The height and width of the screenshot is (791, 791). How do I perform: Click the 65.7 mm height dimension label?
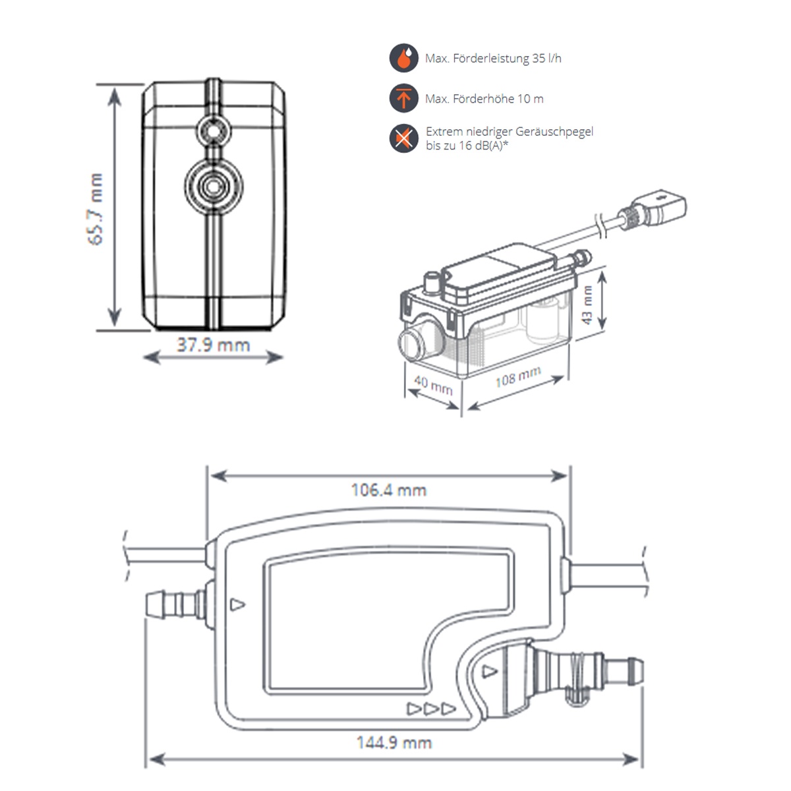pos(96,209)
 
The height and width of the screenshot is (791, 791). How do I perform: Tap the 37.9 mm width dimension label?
pos(213,345)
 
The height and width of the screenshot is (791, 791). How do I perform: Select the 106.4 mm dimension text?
pos(388,490)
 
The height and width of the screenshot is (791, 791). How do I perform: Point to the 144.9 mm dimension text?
pos(394,743)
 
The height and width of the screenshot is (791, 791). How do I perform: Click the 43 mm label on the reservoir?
pos(587,305)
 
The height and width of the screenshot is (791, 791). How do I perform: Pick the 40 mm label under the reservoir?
pos(433,384)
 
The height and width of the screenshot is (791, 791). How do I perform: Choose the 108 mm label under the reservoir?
pos(518,377)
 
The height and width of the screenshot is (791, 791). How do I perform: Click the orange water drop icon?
pos(403,58)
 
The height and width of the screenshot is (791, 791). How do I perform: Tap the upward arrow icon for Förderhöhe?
pos(403,99)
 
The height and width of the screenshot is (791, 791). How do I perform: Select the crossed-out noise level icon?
pos(403,138)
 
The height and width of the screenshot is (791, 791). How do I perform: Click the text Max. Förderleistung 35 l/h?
pos(493,59)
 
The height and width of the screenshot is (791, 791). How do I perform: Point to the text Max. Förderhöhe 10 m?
pos(484,99)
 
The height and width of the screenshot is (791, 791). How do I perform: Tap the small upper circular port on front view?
pos(213,132)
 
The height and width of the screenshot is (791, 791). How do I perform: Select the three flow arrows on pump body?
pos(431,709)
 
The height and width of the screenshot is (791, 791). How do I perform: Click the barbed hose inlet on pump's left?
pos(173,603)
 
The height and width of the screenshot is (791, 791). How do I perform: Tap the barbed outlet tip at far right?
pos(633,670)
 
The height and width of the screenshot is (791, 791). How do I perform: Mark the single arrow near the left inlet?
pos(238,604)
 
